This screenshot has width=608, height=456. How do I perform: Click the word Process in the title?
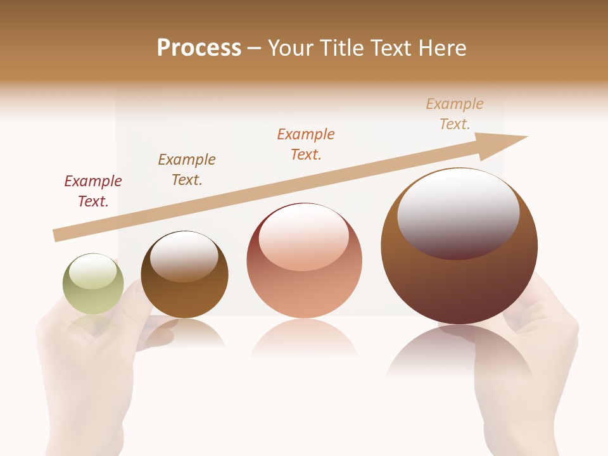tap(199, 48)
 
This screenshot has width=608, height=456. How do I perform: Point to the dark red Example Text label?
tap(93, 191)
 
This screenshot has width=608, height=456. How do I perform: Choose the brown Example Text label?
tap(187, 170)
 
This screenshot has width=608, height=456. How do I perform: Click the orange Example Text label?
tap(306, 144)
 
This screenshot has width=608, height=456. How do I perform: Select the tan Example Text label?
tap(455, 114)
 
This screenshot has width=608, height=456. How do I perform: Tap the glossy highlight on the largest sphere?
tap(459, 212)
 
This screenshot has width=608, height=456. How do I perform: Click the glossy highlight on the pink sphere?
tap(304, 236)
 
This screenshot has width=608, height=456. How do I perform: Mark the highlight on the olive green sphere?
tap(92, 271)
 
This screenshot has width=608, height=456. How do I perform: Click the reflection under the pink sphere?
tap(305, 339)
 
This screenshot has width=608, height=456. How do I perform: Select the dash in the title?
tap(255, 48)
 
